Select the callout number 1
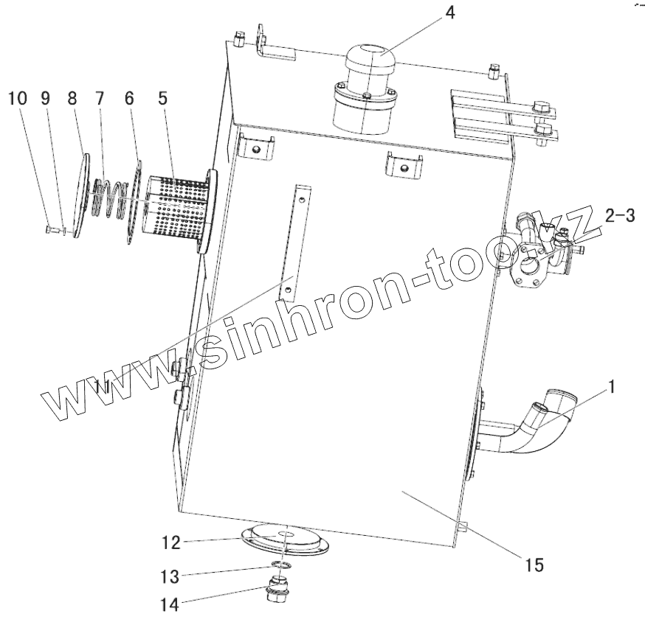[614, 385]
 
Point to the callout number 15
[534, 565]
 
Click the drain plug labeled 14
[281, 593]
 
